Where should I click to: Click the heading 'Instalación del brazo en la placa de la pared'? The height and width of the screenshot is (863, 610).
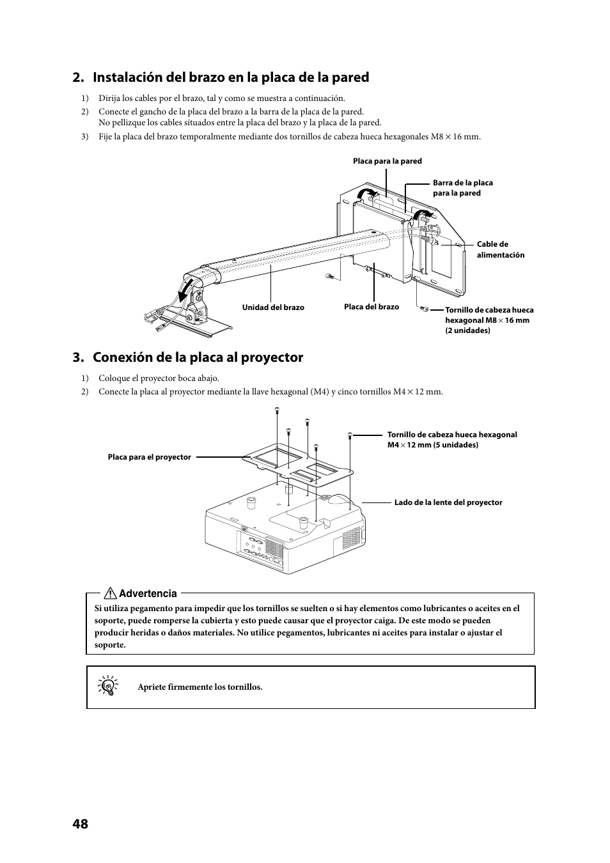click(x=231, y=77)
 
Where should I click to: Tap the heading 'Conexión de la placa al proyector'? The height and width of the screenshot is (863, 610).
click(x=198, y=357)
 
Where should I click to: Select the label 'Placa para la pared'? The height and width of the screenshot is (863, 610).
click(x=387, y=161)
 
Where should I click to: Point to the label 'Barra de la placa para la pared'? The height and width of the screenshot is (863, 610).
click(x=462, y=187)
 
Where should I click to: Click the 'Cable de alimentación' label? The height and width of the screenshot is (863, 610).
click(x=500, y=249)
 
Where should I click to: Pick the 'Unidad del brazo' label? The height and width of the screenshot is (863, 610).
click(x=273, y=307)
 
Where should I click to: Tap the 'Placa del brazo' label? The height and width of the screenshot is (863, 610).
click(x=371, y=307)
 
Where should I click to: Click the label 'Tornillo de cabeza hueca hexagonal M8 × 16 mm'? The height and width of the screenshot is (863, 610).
click(x=489, y=320)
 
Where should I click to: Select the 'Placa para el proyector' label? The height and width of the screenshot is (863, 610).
click(x=149, y=457)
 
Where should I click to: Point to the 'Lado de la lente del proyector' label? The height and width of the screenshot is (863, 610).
click(x=448, y=502)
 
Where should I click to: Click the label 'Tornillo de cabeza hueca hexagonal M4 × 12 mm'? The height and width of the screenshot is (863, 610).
click(x=451, y=439)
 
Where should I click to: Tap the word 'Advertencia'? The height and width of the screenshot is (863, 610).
click(x=148, y=594)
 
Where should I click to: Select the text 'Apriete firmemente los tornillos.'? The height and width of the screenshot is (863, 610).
click(x=200, y=687)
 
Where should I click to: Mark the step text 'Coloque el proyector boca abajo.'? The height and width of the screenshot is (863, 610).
click(x=159, y=378)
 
